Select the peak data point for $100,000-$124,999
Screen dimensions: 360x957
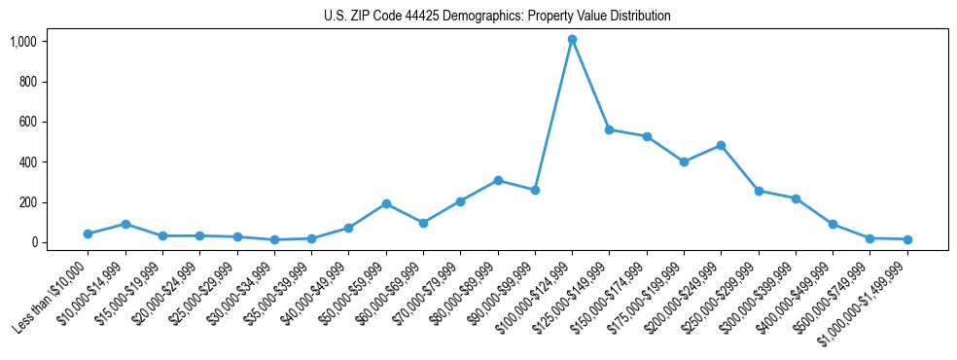pos(572,40)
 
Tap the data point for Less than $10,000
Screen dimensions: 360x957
pos(88,234)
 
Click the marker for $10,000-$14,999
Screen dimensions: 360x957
pos(125,224)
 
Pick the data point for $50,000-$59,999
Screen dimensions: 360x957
pos(386,203)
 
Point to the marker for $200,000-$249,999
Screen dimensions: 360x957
pos(721,145)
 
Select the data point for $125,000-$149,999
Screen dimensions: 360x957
pos(609,129)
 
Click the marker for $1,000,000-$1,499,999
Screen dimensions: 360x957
pos(906,239)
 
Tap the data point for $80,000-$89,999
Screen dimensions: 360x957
pos(498,180)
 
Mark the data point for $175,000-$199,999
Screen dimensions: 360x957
pos(684,162)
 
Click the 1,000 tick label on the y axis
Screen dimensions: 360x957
pos(23,41)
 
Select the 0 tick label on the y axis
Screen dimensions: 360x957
pos(33,242)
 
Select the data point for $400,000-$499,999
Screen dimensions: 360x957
pos(833,224)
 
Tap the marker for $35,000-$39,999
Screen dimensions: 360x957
pos(311,238)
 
